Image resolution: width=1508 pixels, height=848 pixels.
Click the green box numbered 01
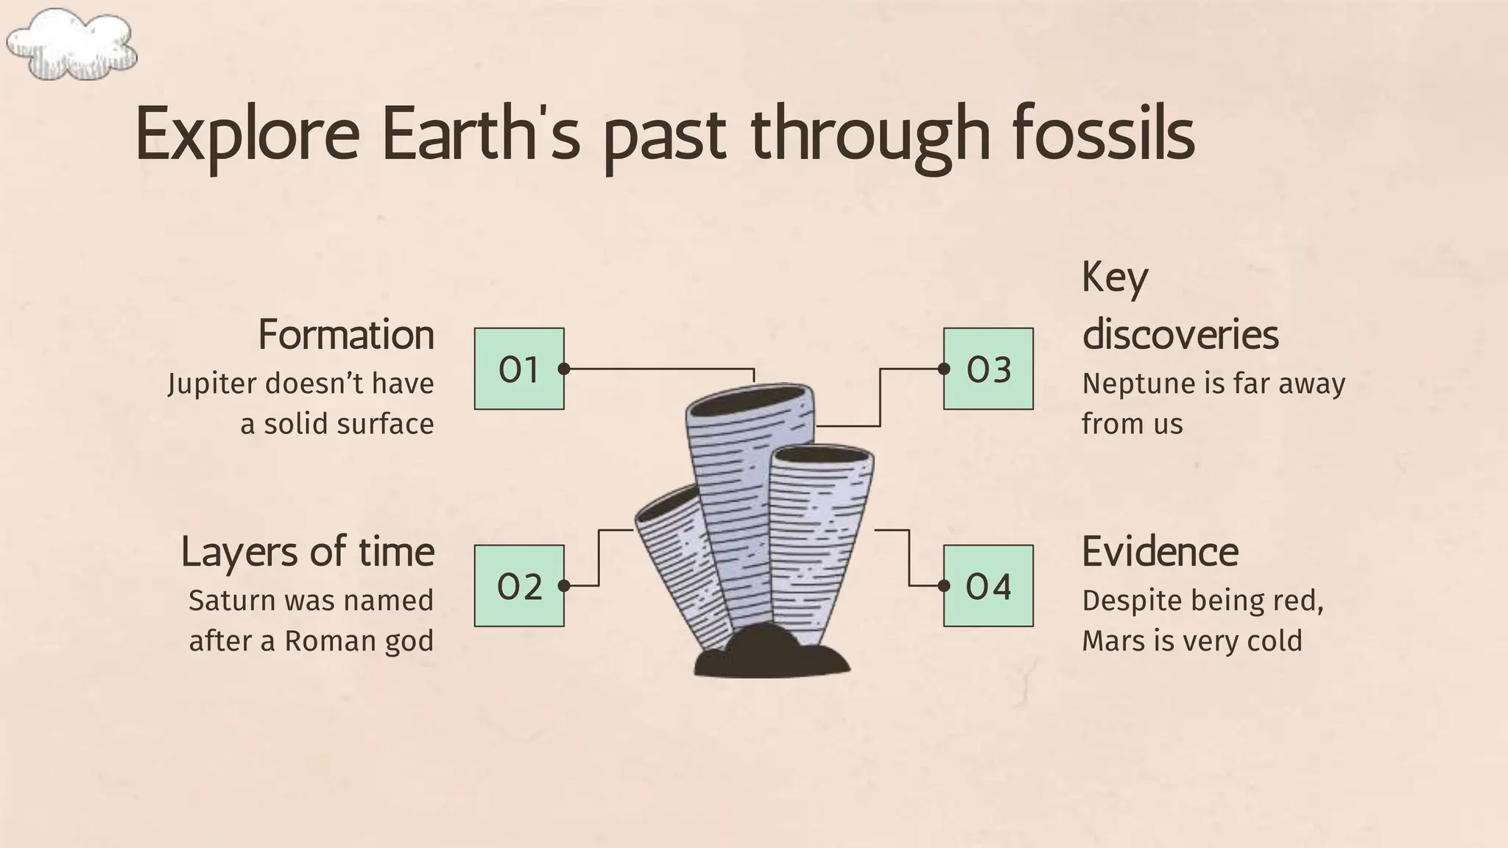pyautogui.click(x=519, y=369)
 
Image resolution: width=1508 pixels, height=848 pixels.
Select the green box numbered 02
pyautogui.click(x=519, y=586)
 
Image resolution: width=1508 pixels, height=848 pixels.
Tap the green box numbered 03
pyautogui.click(x=988, y=369)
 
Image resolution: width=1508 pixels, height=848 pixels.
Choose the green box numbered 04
pyautogui.click(x=988, y=586)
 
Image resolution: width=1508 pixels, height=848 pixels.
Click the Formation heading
pyautogui.click(x=346, y=335)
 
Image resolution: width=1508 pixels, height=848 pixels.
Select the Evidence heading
pyautogui.click(x=1160, y=552)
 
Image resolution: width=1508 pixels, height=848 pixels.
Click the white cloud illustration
pyautogui.click(x=71, y=44)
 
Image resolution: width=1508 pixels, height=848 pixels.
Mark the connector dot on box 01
pyautogui.click(x=563, y=369)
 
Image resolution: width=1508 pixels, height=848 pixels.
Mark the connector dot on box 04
pyautogui.click(x=944, y=586)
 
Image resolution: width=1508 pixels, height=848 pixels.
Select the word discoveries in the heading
pyautogui.click(x=1180, y=335)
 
